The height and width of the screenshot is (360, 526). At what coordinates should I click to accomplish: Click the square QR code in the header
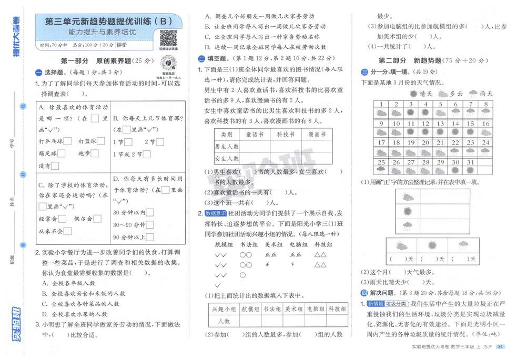pyautogui.click(x=168, y=37)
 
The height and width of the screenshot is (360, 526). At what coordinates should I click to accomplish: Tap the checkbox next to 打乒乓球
pyautogui.click(x=68, y=141)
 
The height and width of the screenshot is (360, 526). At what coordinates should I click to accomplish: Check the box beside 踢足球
pyautogui.click(x=62, y=153)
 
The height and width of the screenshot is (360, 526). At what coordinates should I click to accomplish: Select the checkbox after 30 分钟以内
pyautogui.click(x=150, y=213)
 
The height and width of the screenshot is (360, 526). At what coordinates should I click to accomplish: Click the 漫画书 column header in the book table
pyautogui.click(x=317, y=135)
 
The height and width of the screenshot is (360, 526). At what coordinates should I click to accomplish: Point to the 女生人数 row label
pyautogui.click(x=227, y=158)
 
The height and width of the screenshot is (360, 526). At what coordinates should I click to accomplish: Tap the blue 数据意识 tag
pyautogui.click(x=216, y=213)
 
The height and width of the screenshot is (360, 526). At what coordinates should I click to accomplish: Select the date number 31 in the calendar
pyautogui.click(x=470, y=162)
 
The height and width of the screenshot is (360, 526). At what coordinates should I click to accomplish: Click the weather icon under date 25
pyautogui.click(x=381, y=170)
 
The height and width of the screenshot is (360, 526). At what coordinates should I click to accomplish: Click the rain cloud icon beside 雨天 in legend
pyautogui.click(x=471, y=94)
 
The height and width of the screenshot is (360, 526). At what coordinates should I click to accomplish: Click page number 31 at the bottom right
pyautogui.click(x=500, y=346)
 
